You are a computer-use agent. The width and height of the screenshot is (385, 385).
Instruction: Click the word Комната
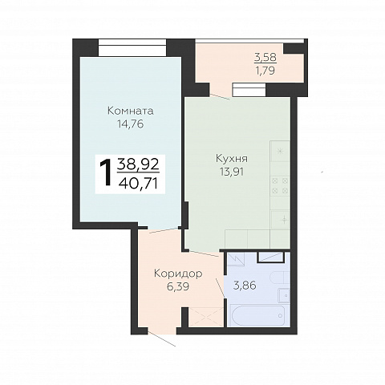point(131,111)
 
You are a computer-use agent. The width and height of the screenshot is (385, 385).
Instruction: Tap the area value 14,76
point(130,124)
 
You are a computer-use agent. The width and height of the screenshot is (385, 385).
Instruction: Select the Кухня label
point(232,159)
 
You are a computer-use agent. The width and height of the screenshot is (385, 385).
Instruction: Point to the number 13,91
point(232,172)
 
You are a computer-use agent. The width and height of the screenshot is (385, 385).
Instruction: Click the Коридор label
point(178,274)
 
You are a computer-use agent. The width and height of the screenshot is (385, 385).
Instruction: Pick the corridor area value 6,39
point(178,286)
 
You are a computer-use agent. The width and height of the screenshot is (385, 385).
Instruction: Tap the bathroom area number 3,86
point(245,286)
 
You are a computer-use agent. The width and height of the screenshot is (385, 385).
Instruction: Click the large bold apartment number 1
point(106,172)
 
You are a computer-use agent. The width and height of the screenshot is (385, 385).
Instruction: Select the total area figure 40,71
point(138,184)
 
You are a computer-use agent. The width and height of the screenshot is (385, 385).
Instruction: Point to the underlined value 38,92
point(138,164)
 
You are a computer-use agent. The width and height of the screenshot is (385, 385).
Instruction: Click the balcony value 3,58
point(265,57)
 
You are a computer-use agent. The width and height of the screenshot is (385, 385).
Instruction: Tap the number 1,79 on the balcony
point(265,71)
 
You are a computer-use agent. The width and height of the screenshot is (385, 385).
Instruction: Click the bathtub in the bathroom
point(259,316)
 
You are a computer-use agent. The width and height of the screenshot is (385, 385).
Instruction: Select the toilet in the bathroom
point(280,278)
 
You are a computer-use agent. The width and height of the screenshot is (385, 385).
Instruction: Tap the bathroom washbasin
point(284,295)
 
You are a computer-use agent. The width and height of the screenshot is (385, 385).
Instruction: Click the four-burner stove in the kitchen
point(280,185)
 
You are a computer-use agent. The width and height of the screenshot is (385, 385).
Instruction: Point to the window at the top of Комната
point(132,47)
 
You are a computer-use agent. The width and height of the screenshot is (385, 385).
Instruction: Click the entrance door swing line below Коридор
point(162,338)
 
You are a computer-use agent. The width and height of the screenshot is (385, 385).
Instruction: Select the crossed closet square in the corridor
point(206,317)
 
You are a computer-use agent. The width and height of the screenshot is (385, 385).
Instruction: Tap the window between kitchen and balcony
point(249,90)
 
